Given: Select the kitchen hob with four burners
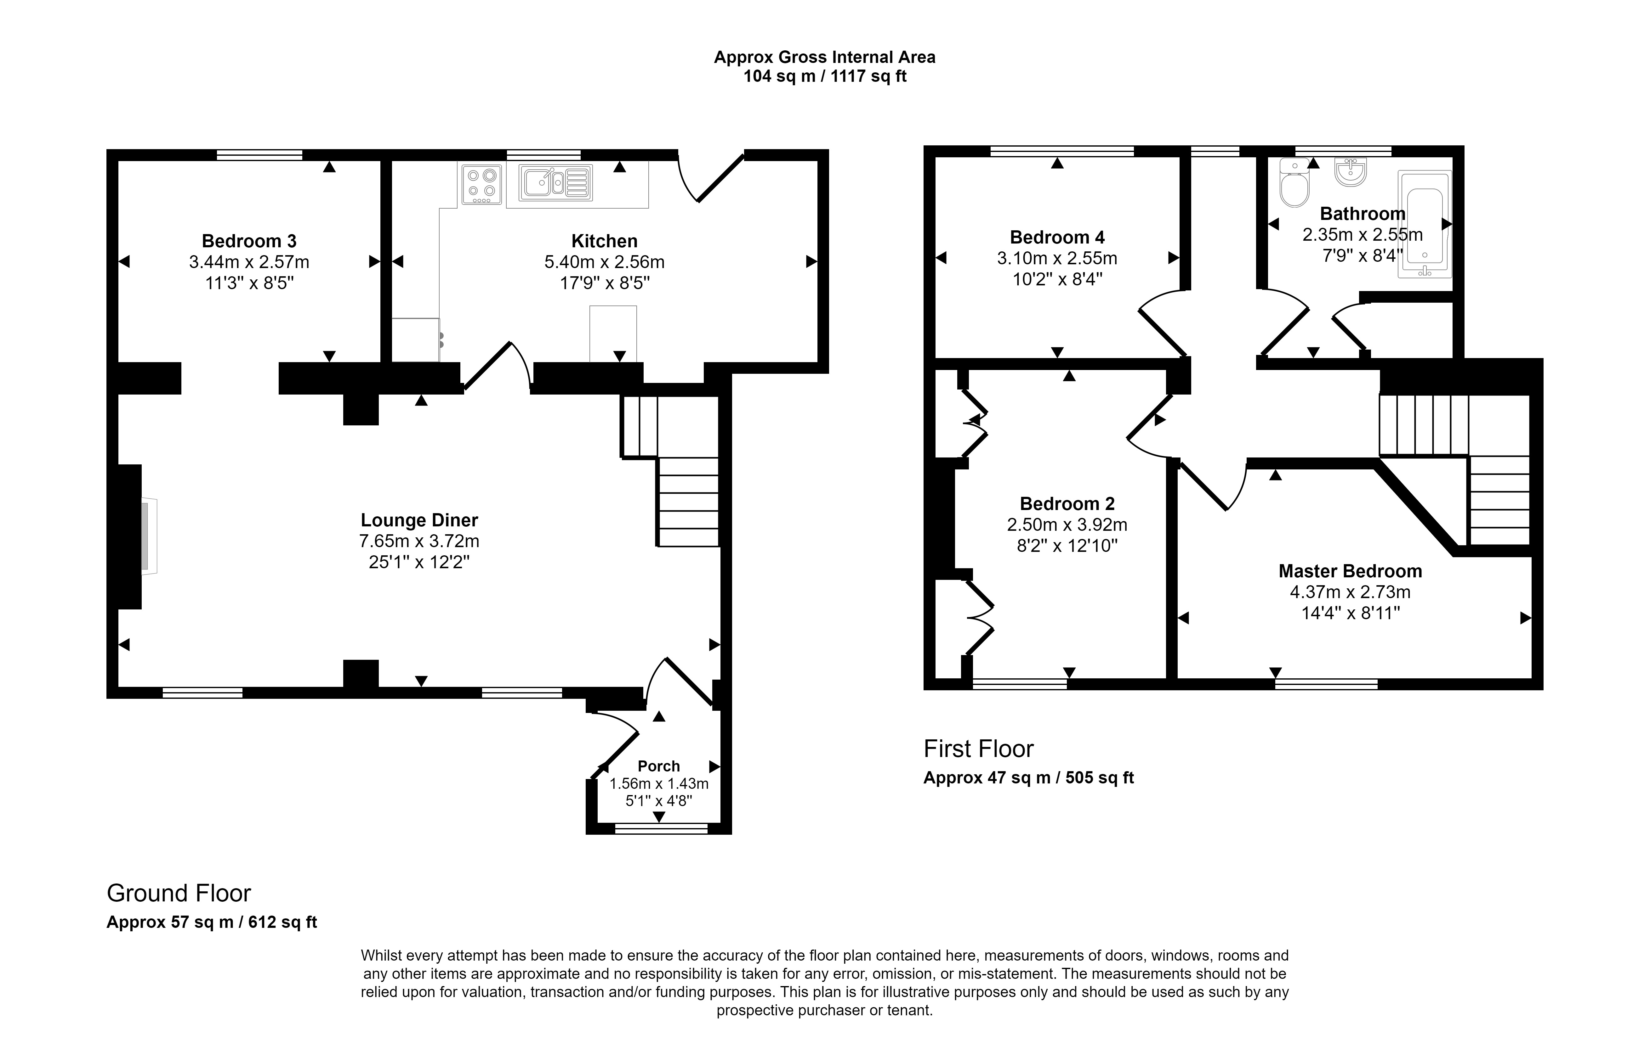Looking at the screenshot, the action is pos(481,184).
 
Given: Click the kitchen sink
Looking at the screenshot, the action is pos(555,183).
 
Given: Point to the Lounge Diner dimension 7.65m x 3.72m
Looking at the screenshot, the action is pos(419,541).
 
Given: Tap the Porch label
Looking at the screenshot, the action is pos(658,766).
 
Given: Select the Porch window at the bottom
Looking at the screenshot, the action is pos(661,829).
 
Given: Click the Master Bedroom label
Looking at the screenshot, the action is pos(1350,571).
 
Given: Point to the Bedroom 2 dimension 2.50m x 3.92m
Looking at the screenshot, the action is pos(1067,524).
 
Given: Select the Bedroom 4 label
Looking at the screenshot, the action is pos(1057,238).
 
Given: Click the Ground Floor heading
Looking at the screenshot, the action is pos(179,893).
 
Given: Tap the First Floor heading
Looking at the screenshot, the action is pos(978,749).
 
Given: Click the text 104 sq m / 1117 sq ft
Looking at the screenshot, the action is pos(825,76).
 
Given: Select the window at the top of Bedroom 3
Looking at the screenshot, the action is pos(260,155).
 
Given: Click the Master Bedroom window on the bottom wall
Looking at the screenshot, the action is pos(1327,684).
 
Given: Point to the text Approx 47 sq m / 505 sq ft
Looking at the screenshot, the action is pos(1028,778).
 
